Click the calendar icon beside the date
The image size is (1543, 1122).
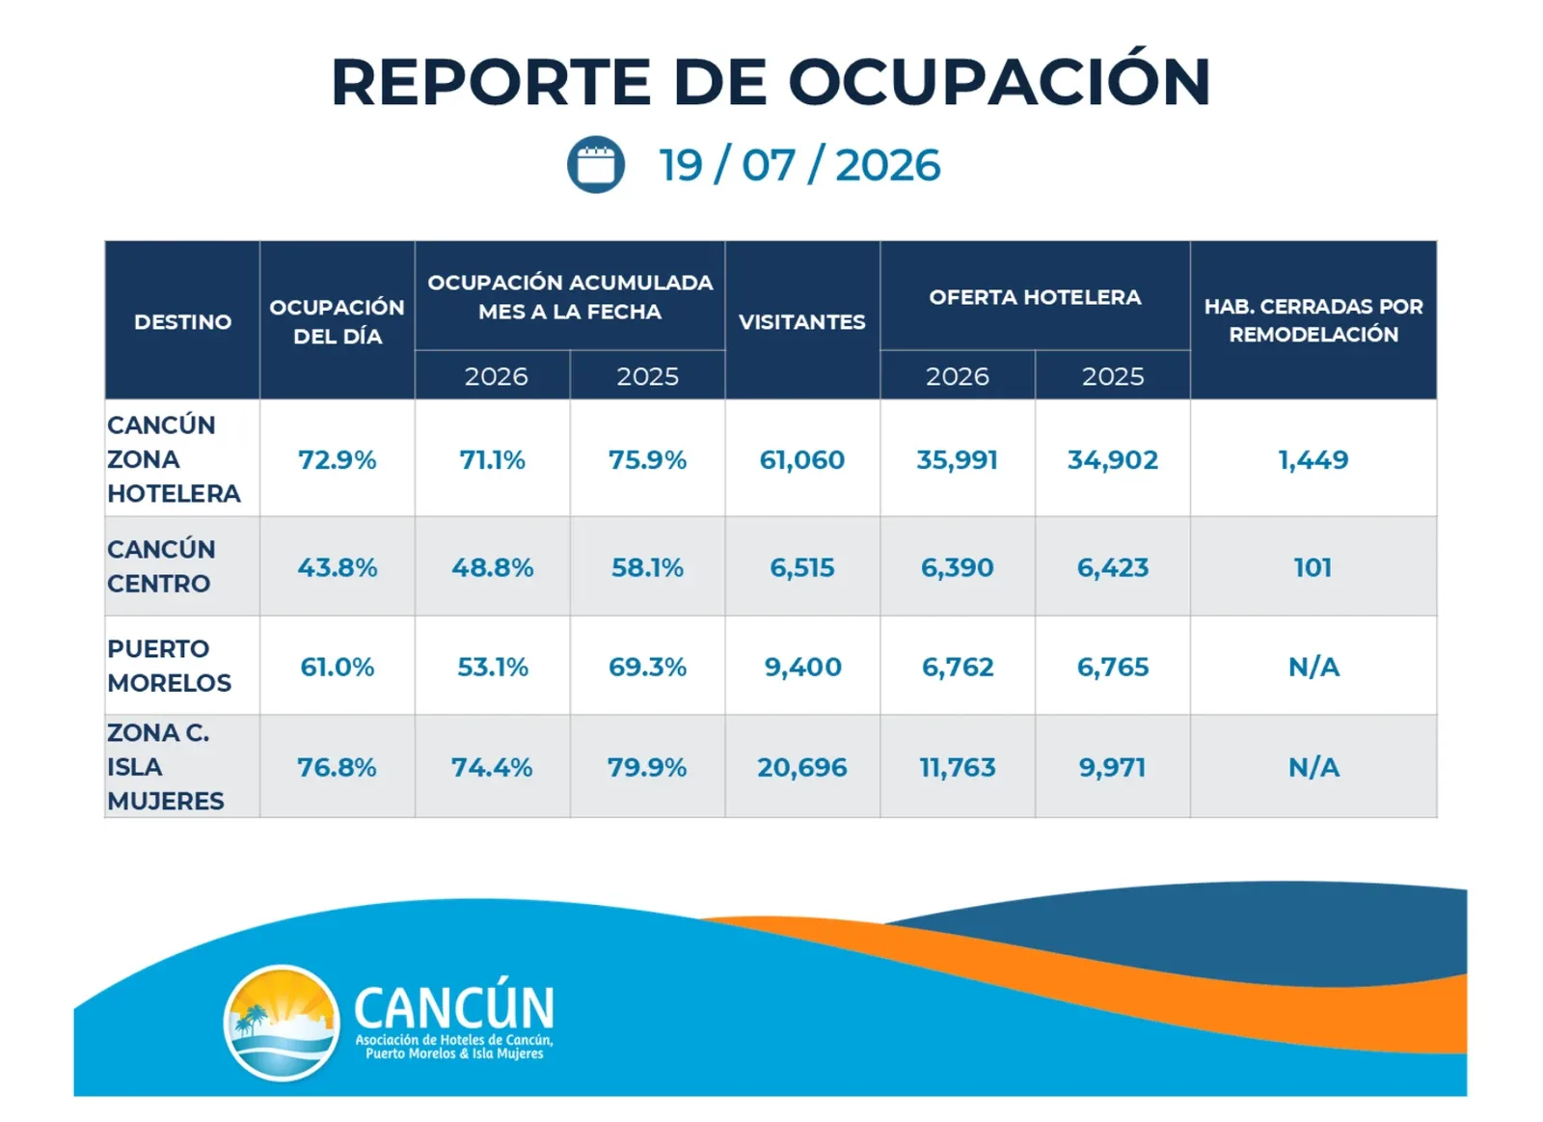(x=596, y=165)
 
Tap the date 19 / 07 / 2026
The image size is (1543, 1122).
(x=799, y=165)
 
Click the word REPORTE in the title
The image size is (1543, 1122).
(x=491, y=83)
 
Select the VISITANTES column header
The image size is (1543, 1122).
(x=801, y=322)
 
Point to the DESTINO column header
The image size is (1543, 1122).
(x=182, y=322)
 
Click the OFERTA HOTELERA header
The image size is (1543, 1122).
(x=1035, y=297)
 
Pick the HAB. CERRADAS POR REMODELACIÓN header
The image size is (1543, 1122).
(x=1313, y=320)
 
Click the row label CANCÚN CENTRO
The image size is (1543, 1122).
(x=161, y=566)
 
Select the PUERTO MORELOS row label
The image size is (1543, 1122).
(x=170, y=666)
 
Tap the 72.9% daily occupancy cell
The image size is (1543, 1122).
(x=337, y=459)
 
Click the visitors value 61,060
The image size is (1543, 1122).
(x=801, y=460)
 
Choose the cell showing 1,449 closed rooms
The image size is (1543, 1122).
(x=1313, y=460)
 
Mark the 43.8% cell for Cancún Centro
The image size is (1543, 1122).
(x=337, y=568)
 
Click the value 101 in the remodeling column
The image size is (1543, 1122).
(x=1313, y=568)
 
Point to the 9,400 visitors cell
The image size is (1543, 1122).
(x=802, y=668)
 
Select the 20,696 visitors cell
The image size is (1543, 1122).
(x=801, y=768)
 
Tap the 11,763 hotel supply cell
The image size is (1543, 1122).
(x=958, y=768)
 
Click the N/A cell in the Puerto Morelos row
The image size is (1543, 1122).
(x=1313, y=668)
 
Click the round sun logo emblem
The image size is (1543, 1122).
(x=281, y=1024)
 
